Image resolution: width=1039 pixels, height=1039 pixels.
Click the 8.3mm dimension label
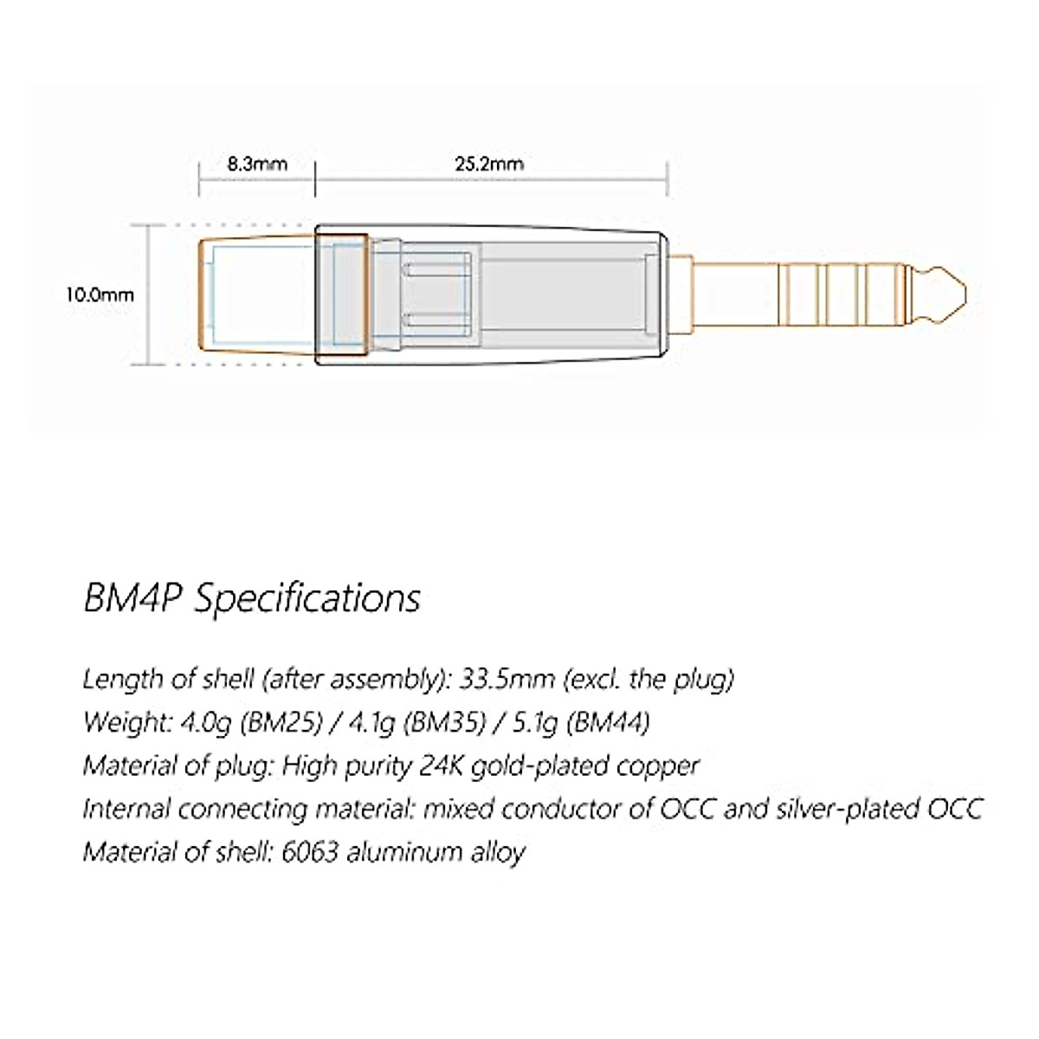[x=256, y=163]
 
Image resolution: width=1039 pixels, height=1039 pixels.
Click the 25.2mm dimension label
[x=489, y=163]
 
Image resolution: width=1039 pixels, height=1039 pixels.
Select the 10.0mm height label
[x=100, y=294]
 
